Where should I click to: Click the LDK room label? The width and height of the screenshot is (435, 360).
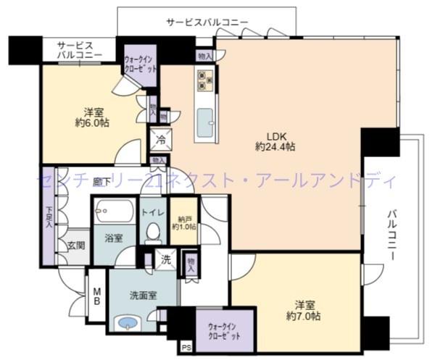[x=274, y=135]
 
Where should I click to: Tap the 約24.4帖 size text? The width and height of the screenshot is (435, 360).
[x=275, y=147]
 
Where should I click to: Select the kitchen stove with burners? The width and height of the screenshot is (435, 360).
[x=204, y=79]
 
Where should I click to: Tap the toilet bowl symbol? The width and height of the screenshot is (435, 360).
[x=152, y=233]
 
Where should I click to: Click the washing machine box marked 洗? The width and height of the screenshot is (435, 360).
[x=165, y=259]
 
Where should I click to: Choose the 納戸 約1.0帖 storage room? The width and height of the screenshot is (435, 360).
[x=183, y=223]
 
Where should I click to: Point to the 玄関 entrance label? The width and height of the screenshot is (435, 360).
[x=77, y=246]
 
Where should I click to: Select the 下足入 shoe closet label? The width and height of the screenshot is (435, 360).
[x=49, y=217]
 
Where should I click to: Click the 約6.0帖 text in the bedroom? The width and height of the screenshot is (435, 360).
[x=92, y=125]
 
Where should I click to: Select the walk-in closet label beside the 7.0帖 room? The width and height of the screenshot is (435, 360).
[x=225, y=331]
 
